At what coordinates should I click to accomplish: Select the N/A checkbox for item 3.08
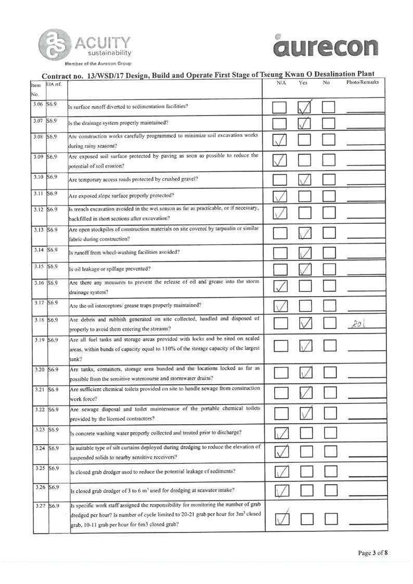280,141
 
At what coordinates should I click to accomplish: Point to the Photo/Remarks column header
362,82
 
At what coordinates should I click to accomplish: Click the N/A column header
281,82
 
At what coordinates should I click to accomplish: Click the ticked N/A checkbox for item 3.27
280,518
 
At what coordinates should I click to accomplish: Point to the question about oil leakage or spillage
110,269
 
